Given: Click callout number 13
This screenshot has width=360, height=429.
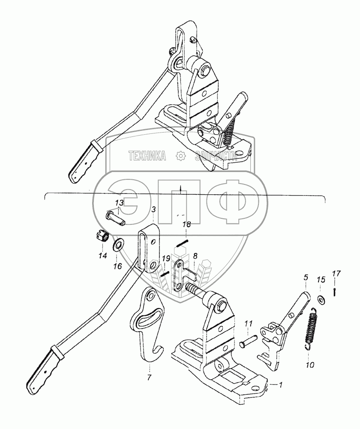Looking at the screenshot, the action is (119, 202).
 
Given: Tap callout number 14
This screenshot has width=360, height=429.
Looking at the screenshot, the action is (102, 257).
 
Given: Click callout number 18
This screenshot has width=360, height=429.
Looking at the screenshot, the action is (186, 224).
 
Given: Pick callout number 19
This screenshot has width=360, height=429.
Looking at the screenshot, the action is (166, 259).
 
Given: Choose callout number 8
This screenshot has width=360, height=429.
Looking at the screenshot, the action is (195, 257).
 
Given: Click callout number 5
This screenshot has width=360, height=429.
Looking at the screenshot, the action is (306, 278).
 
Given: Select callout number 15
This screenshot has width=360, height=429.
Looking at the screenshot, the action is (321, 280).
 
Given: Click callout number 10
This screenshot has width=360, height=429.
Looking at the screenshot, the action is (310, 365).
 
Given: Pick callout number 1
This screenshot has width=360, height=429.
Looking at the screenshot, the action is (280, 385).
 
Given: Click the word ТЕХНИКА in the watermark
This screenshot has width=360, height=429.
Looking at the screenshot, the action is (147, 156).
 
